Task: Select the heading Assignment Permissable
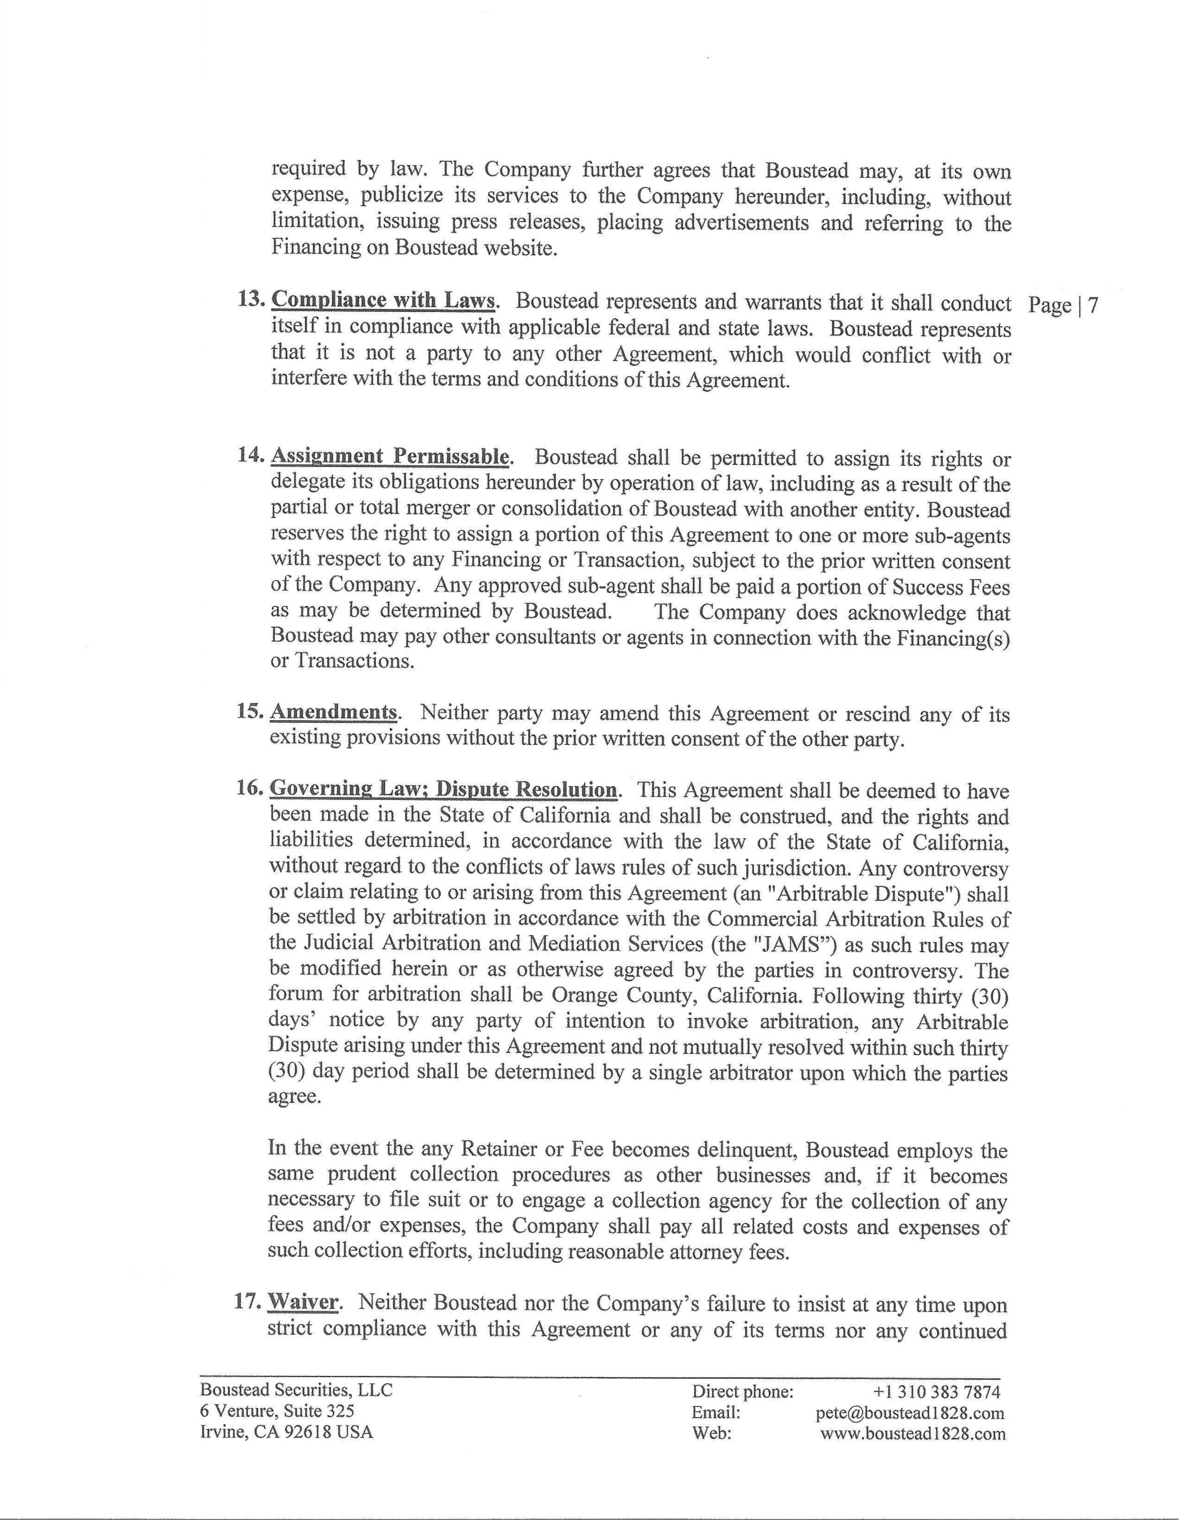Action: [x=390, y=456]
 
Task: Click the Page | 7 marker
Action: [x=1063, y=305]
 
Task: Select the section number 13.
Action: [x=251, y=301]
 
